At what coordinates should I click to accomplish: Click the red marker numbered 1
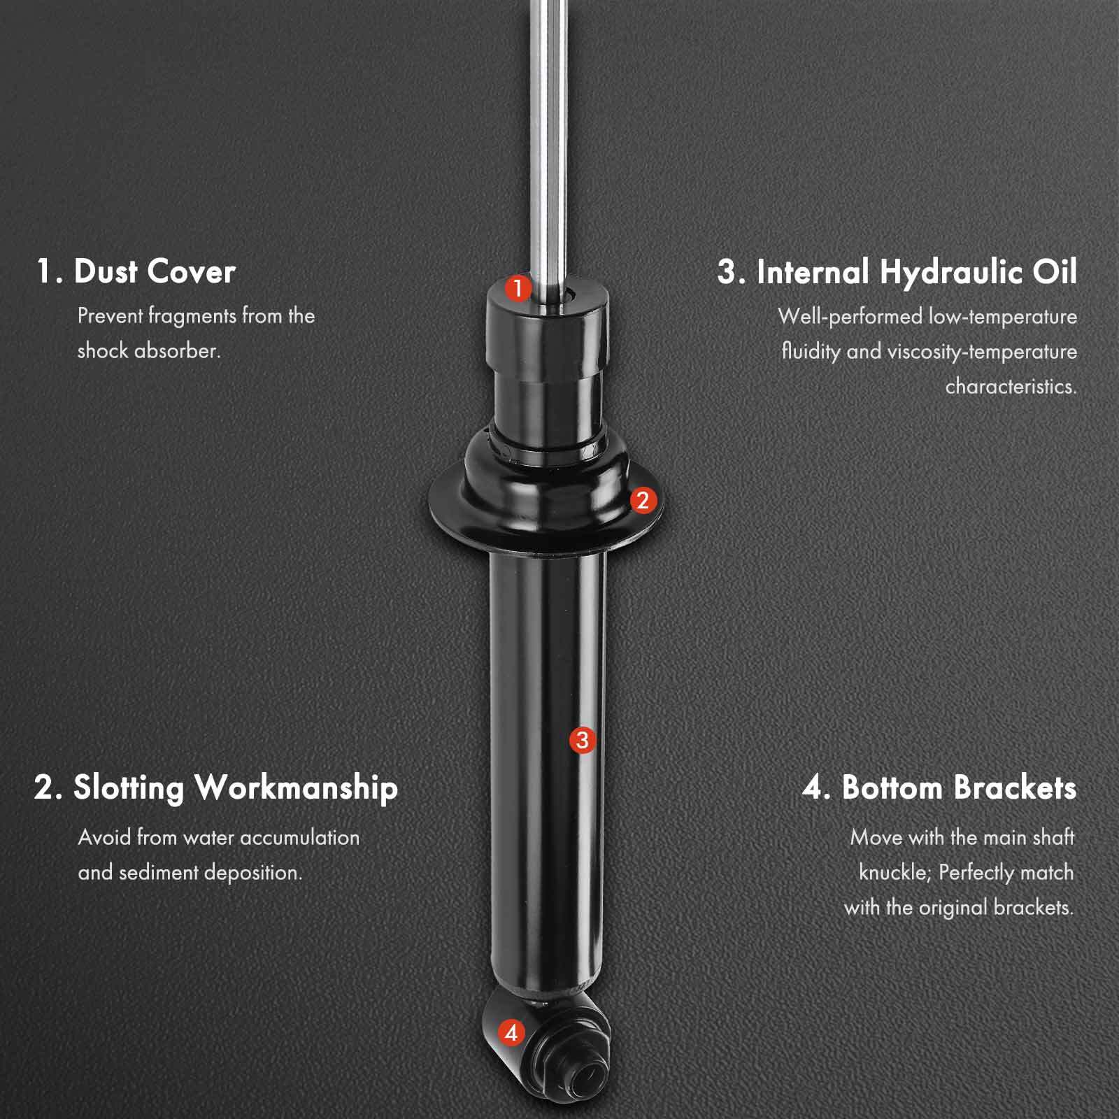tap(518, 288)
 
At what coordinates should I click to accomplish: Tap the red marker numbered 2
tap(643, 500)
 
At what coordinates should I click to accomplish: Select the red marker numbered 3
tap(583, 740)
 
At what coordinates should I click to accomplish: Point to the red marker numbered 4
tap(511, 1032)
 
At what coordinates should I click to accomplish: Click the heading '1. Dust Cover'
tap(136, 271)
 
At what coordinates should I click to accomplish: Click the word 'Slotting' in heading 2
tap(129, 787)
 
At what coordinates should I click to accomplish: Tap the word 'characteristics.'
tap(1011, 386)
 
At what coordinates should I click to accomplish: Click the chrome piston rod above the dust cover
tap(548, 140)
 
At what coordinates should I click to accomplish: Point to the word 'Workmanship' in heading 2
tap(296, 787)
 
